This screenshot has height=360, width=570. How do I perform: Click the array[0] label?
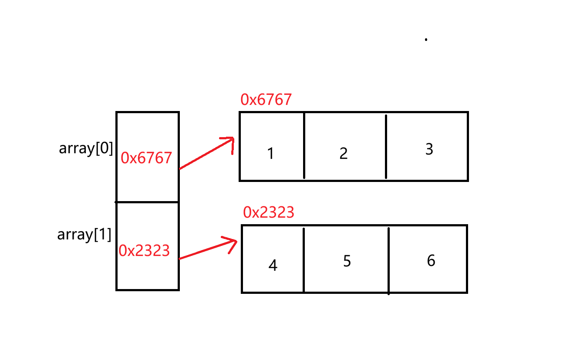86,149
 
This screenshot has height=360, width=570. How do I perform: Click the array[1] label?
84,235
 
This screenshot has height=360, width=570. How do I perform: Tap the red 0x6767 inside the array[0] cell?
146,158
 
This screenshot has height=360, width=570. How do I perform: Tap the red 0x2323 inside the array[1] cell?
144,251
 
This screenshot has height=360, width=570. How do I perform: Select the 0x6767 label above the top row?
266,100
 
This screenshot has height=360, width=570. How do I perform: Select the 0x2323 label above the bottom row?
269,212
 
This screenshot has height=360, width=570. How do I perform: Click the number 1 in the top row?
270,154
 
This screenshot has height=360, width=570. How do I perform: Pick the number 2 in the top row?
344,154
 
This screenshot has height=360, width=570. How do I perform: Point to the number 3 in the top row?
429,149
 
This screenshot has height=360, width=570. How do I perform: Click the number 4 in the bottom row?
273,266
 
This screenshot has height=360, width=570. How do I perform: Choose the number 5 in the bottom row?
347,261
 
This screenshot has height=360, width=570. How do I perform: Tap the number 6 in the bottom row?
431,261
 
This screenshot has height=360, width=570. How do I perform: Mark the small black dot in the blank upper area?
426,40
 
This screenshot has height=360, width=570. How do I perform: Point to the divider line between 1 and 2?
304,146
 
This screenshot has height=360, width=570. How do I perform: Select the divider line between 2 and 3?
386,147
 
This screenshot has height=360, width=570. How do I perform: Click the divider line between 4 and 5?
304,259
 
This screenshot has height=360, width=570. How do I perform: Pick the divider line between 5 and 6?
388,260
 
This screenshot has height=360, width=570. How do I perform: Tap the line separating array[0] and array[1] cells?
148,202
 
